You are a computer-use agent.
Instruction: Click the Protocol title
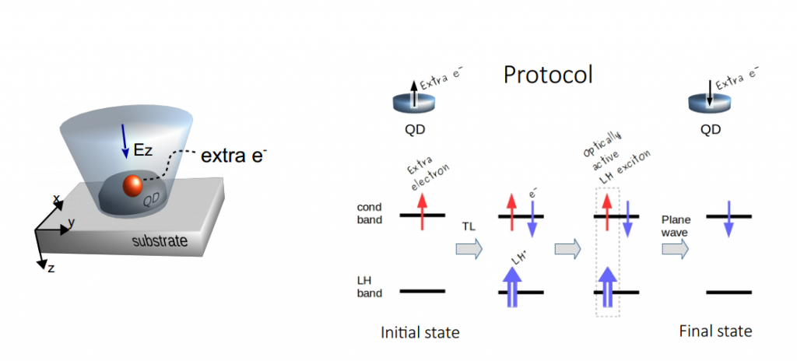(x=548, y=75)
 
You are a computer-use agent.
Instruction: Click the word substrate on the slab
(x=159, y=241)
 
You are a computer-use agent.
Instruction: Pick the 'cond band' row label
(x=370, y=213)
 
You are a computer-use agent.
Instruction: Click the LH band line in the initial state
(x=423, y=292)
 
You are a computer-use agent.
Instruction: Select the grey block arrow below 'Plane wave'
(x=676, y=249)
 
